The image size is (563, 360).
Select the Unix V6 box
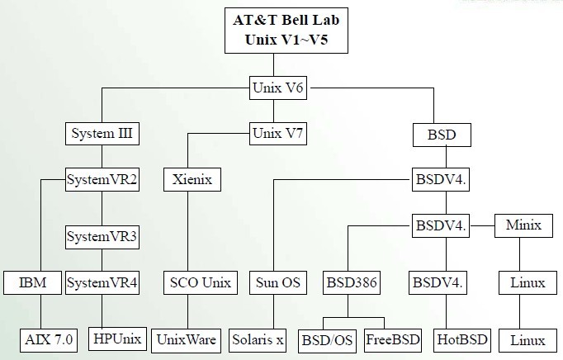point(278,88)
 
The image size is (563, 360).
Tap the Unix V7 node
point(278,133)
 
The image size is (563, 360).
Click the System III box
point(102,134)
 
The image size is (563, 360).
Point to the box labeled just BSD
point(442,135)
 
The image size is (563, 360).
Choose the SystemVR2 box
point(102,179)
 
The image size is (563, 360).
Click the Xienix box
point(192,179)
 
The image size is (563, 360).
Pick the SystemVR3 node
point(102,237)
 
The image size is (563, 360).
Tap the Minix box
point(523,225)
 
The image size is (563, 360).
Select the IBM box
point(33,282)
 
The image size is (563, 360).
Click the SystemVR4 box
point(102,282)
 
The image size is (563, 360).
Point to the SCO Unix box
point(201,282)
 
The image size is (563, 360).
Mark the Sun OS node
point(278,282)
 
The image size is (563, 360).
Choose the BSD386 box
point(352,282)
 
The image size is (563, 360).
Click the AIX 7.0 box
point(49,340)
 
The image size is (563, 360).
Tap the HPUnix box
point(117,339)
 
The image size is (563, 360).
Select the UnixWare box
point(187,341)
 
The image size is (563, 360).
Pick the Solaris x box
point(258,340)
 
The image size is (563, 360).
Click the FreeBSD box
point(393,341)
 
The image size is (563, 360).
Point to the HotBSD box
point(462,341)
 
